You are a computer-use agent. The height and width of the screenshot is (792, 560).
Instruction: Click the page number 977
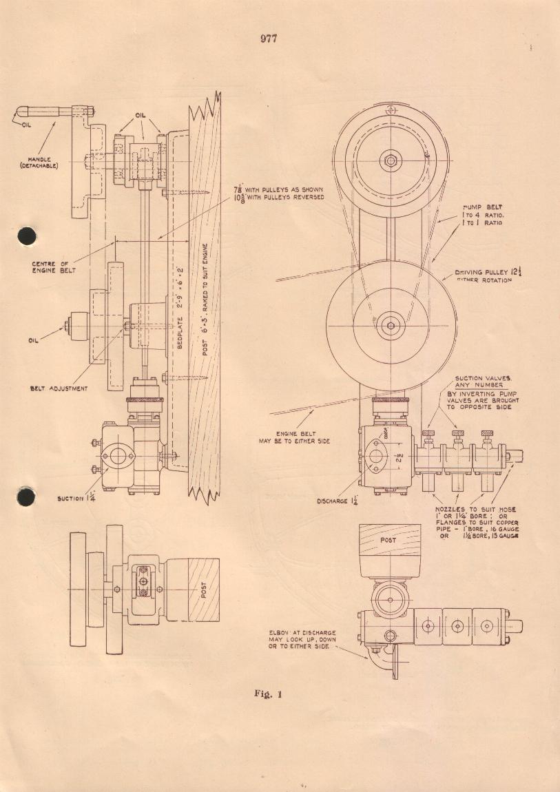269,38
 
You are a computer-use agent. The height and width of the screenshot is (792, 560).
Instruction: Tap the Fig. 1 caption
269,694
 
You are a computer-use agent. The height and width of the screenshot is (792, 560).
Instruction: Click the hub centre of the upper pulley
391,161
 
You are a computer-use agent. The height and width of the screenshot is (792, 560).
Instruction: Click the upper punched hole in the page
25,235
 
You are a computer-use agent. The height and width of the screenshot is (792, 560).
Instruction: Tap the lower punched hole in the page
25,495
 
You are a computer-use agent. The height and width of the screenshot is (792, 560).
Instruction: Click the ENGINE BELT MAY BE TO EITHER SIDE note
298,437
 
